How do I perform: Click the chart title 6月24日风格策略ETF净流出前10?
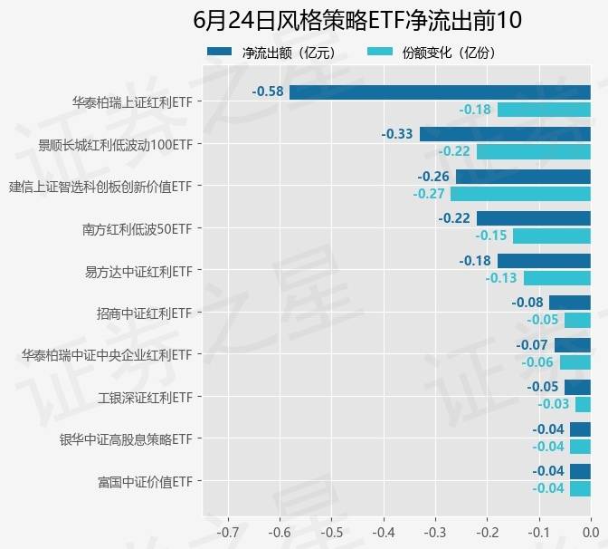357,20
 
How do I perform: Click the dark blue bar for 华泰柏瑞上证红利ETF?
440,91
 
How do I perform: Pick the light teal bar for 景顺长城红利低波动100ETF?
533,151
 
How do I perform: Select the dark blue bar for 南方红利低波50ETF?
533,218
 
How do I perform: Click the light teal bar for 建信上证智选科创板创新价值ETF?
520,194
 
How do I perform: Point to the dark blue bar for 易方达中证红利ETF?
544,261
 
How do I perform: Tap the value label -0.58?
268,91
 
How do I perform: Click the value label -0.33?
397,134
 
